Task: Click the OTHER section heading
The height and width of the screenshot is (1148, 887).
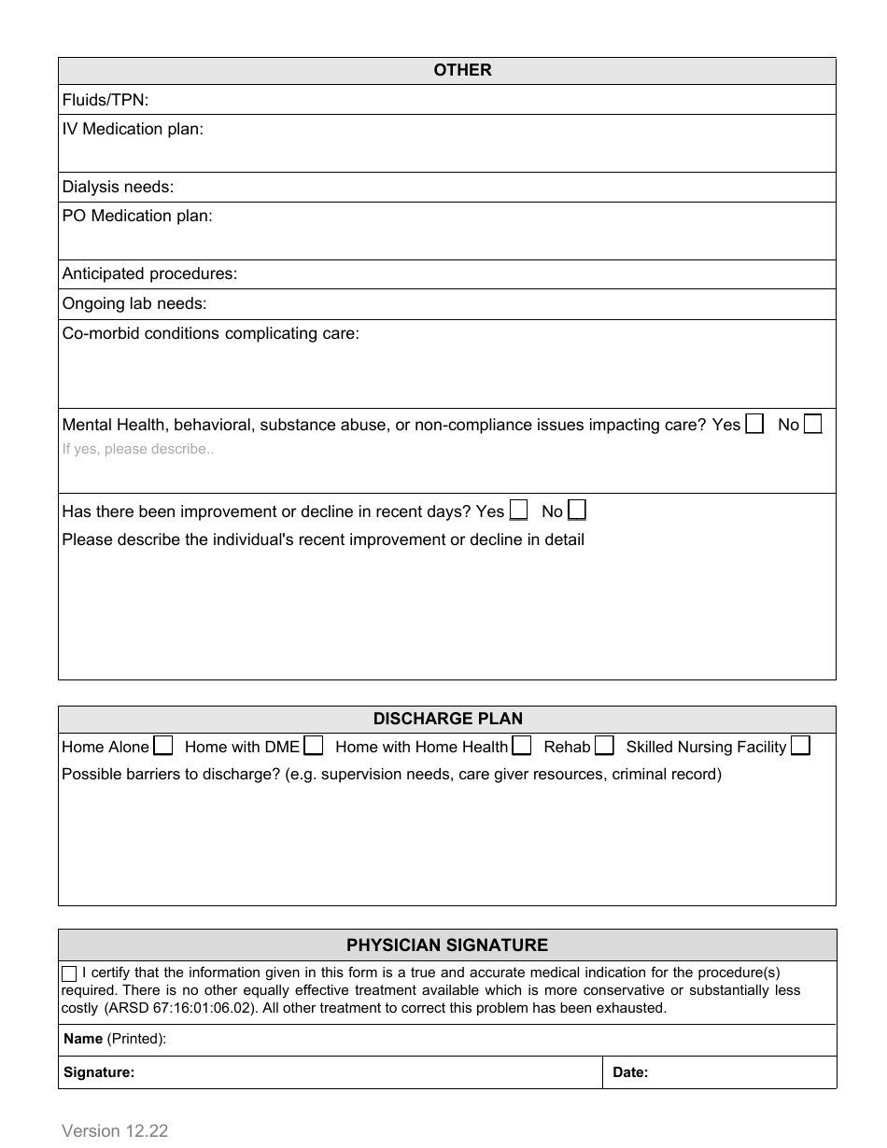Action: click(x=462, y=70)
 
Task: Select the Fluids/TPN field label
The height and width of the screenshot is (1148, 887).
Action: click(x=105, y=100)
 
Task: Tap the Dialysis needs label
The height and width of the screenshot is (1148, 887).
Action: click(x=118, y=187)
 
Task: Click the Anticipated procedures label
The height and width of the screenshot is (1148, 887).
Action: click(x=149, y=273)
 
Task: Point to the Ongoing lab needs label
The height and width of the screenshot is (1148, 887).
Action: click(x=134, y=303)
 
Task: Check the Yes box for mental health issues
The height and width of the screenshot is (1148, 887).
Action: click(x=754, y=424)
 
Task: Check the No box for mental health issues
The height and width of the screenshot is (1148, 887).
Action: click(x=813, y=424)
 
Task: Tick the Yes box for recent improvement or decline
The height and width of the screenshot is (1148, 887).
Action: click(x=518, y=511)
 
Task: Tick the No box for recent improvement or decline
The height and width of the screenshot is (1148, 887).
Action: click(x=577, y=511)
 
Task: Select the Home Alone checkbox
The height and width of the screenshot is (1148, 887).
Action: click(x=163, y=746)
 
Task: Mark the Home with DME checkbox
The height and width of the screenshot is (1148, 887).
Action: click(x=314, y=746)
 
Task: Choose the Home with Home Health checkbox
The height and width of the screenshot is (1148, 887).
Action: click(x=522, y=746)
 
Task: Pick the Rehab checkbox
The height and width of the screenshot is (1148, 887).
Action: click(x=604, y=746)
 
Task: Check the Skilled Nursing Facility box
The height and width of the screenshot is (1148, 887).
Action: click(x=800, y=746)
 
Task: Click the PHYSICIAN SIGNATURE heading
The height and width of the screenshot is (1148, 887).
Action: click(x=447, y=945)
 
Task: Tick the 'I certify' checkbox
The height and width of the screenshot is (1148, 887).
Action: click(x=70, y=973)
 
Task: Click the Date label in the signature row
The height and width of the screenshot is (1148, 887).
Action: click(x=630, y=1072)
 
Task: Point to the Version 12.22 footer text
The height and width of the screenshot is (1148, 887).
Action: click(x=115, y=1130)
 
